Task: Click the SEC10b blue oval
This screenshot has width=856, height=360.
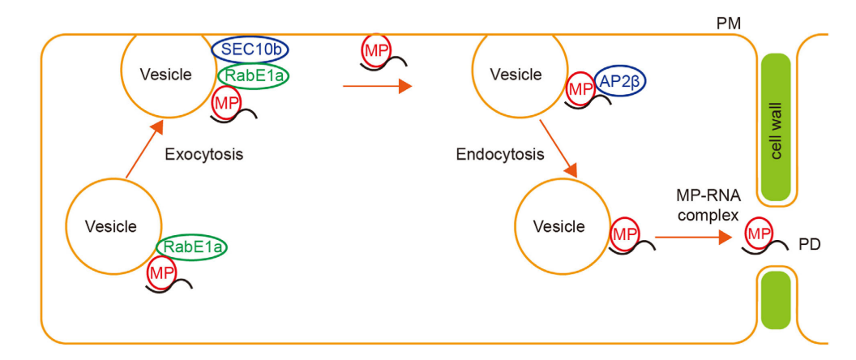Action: (x=250, y=50)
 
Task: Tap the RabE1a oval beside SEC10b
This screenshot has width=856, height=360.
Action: (x=255, y=76)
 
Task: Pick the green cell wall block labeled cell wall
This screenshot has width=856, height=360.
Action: (x=777, y=128)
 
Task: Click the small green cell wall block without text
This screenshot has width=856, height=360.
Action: (x=777, y=302)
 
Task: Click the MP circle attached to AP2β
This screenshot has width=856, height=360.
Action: (x=580, y=88)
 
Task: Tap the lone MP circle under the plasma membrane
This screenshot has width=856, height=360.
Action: (x=374, y=50)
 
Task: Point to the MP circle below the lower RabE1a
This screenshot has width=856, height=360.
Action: (x=160, y=274)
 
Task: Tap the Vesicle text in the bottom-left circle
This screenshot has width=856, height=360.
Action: (x=111, y=226)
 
